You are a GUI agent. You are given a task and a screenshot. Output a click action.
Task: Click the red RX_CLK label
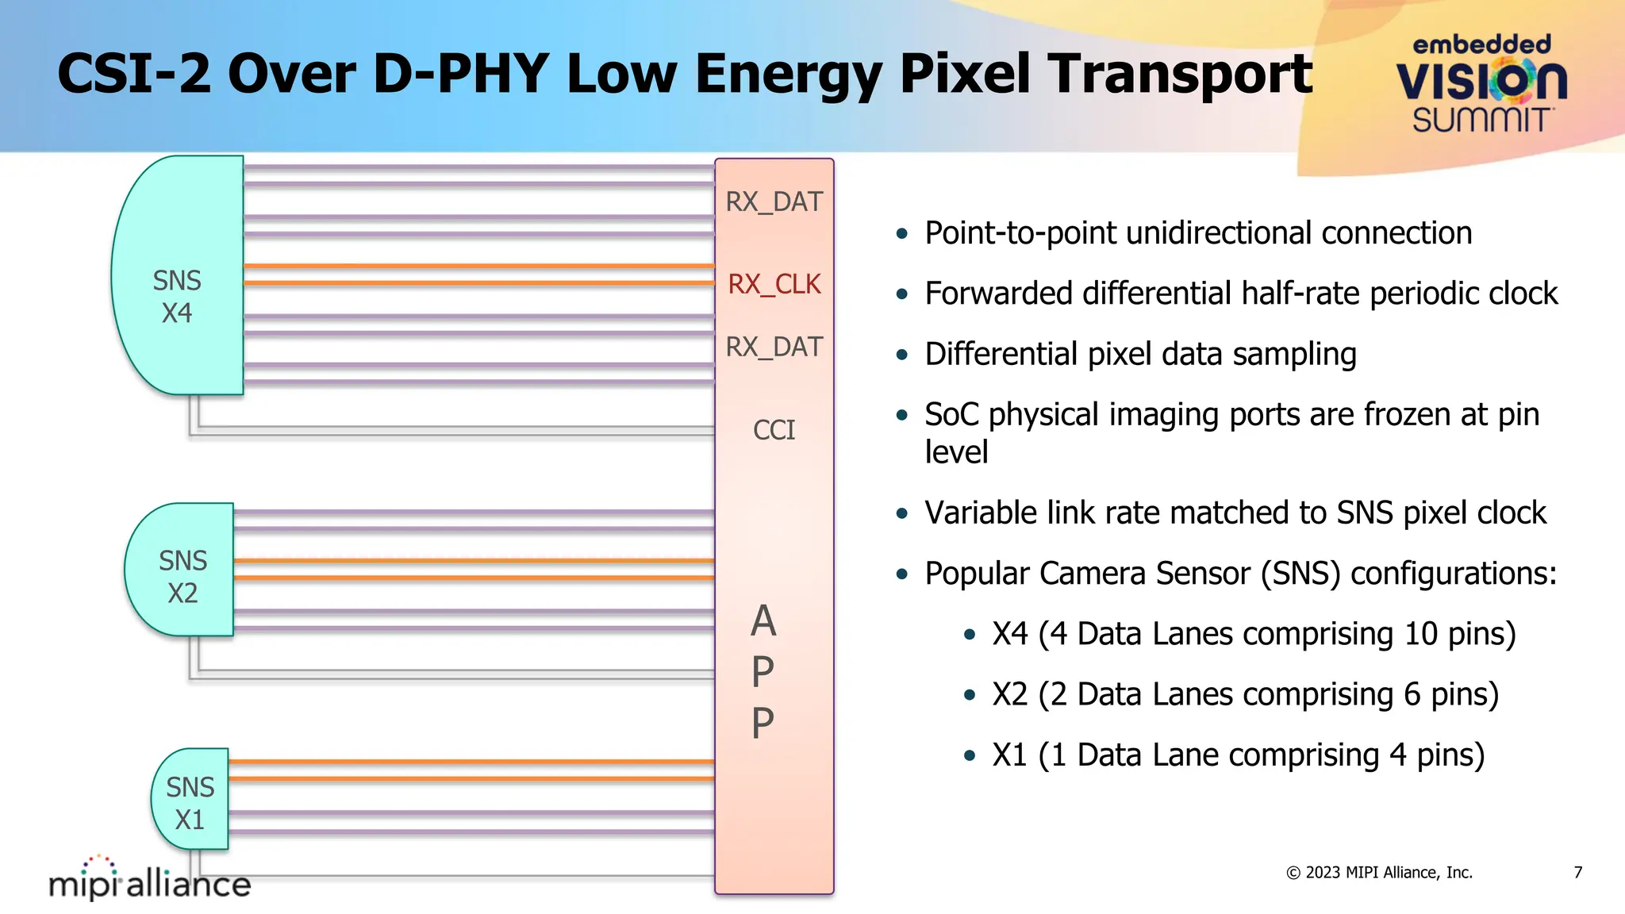(x=774, y=284)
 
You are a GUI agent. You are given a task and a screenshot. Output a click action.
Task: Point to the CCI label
(x=774, y=430)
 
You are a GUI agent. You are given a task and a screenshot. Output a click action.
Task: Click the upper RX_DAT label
(x=774, y=202)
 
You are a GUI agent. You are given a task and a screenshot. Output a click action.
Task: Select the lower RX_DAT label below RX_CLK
(x=774, y=347)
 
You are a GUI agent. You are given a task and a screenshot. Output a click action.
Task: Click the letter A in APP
(x=763, y=621)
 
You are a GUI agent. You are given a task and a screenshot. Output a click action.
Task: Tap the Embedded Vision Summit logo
(x=1481, y=84)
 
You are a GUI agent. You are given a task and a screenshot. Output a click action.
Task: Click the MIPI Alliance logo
(x=150, y=878)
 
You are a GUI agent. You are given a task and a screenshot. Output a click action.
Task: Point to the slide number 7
(x=1578, y=873)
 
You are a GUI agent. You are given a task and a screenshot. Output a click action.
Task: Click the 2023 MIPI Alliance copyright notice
(x=1379, y=873)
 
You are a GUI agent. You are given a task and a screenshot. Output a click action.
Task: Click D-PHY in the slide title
(x=460, y=74)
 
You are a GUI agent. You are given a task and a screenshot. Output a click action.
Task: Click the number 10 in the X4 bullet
(x=1420, y=634)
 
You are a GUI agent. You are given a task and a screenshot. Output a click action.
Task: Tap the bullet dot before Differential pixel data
(x=901, y=355)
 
